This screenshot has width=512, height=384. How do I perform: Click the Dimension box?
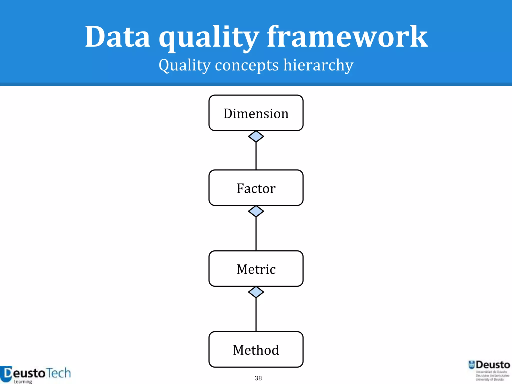pos(256,113)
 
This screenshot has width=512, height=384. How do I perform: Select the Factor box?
pos(256,188)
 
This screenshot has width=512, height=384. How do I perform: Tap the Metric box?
pos(256,269)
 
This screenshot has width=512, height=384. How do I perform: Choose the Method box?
pos(256,349)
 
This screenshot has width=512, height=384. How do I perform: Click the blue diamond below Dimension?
pos(256,136)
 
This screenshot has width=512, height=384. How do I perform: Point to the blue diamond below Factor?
pos(256,211)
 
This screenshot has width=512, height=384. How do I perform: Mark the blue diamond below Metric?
pos(256,292)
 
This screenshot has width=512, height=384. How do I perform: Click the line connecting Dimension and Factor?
pos(256,156)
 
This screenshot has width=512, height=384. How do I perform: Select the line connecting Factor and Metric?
pos(256,234)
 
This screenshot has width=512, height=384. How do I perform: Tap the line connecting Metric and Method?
pos(256,314)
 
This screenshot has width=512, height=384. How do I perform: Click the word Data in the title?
pos(117,37)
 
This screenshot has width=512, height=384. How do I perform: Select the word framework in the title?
pos(347,37)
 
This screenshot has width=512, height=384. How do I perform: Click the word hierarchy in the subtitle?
pos(318,65)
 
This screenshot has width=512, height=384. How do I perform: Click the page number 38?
pos(258,378)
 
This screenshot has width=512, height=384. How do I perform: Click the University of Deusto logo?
pos(489,370)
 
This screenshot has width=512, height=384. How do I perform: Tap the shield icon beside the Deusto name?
pos(471,365)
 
